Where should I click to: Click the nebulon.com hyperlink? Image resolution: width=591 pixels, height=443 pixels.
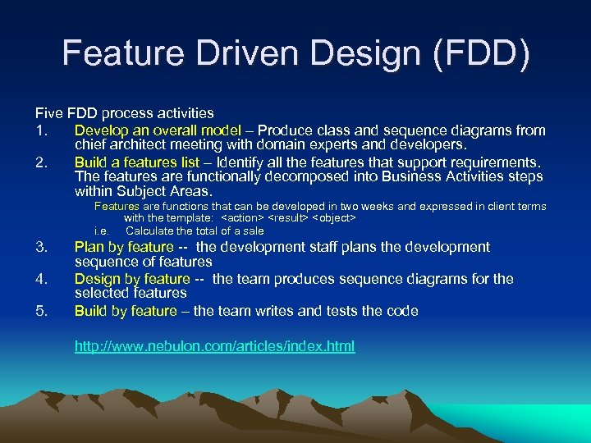coord(214,346)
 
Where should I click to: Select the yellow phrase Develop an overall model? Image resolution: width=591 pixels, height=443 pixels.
coord(158,130)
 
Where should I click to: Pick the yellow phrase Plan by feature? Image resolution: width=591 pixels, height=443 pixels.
coord(124,247)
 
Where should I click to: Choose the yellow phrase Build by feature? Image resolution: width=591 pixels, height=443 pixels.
coord(126,311)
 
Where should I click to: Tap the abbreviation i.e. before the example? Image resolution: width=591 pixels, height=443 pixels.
coord(102,231)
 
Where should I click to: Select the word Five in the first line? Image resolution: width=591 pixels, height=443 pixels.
coord(48,113)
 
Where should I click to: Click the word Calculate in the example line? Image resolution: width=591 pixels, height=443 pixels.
coord(151,231)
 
